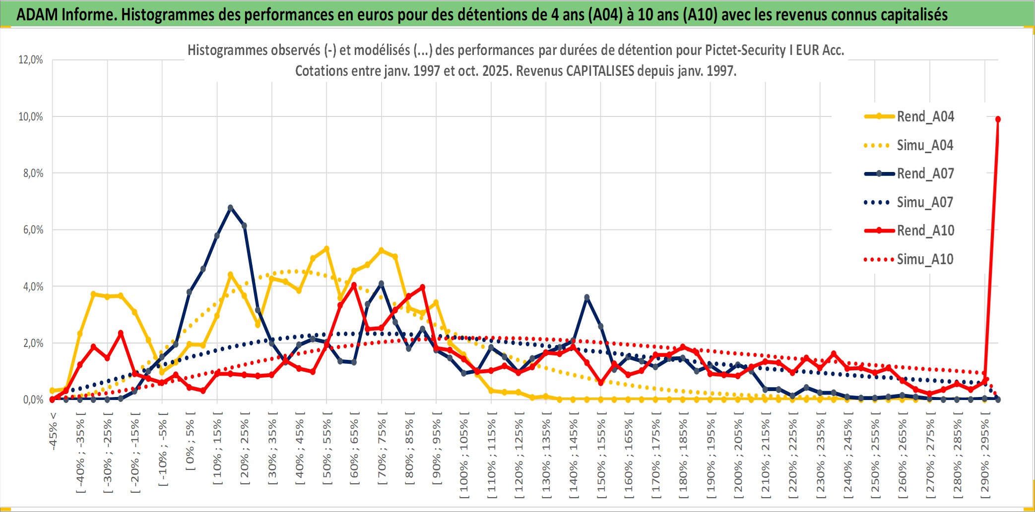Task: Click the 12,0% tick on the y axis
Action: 31,60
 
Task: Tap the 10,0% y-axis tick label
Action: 31,116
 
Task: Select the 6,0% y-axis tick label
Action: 33,229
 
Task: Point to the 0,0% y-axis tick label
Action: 33,399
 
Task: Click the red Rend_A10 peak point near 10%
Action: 998,119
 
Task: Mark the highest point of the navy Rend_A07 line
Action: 230,208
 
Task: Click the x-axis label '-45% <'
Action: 53,431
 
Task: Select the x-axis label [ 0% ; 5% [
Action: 190,441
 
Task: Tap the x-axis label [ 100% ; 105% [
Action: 464,456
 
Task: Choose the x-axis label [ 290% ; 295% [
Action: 985,456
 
